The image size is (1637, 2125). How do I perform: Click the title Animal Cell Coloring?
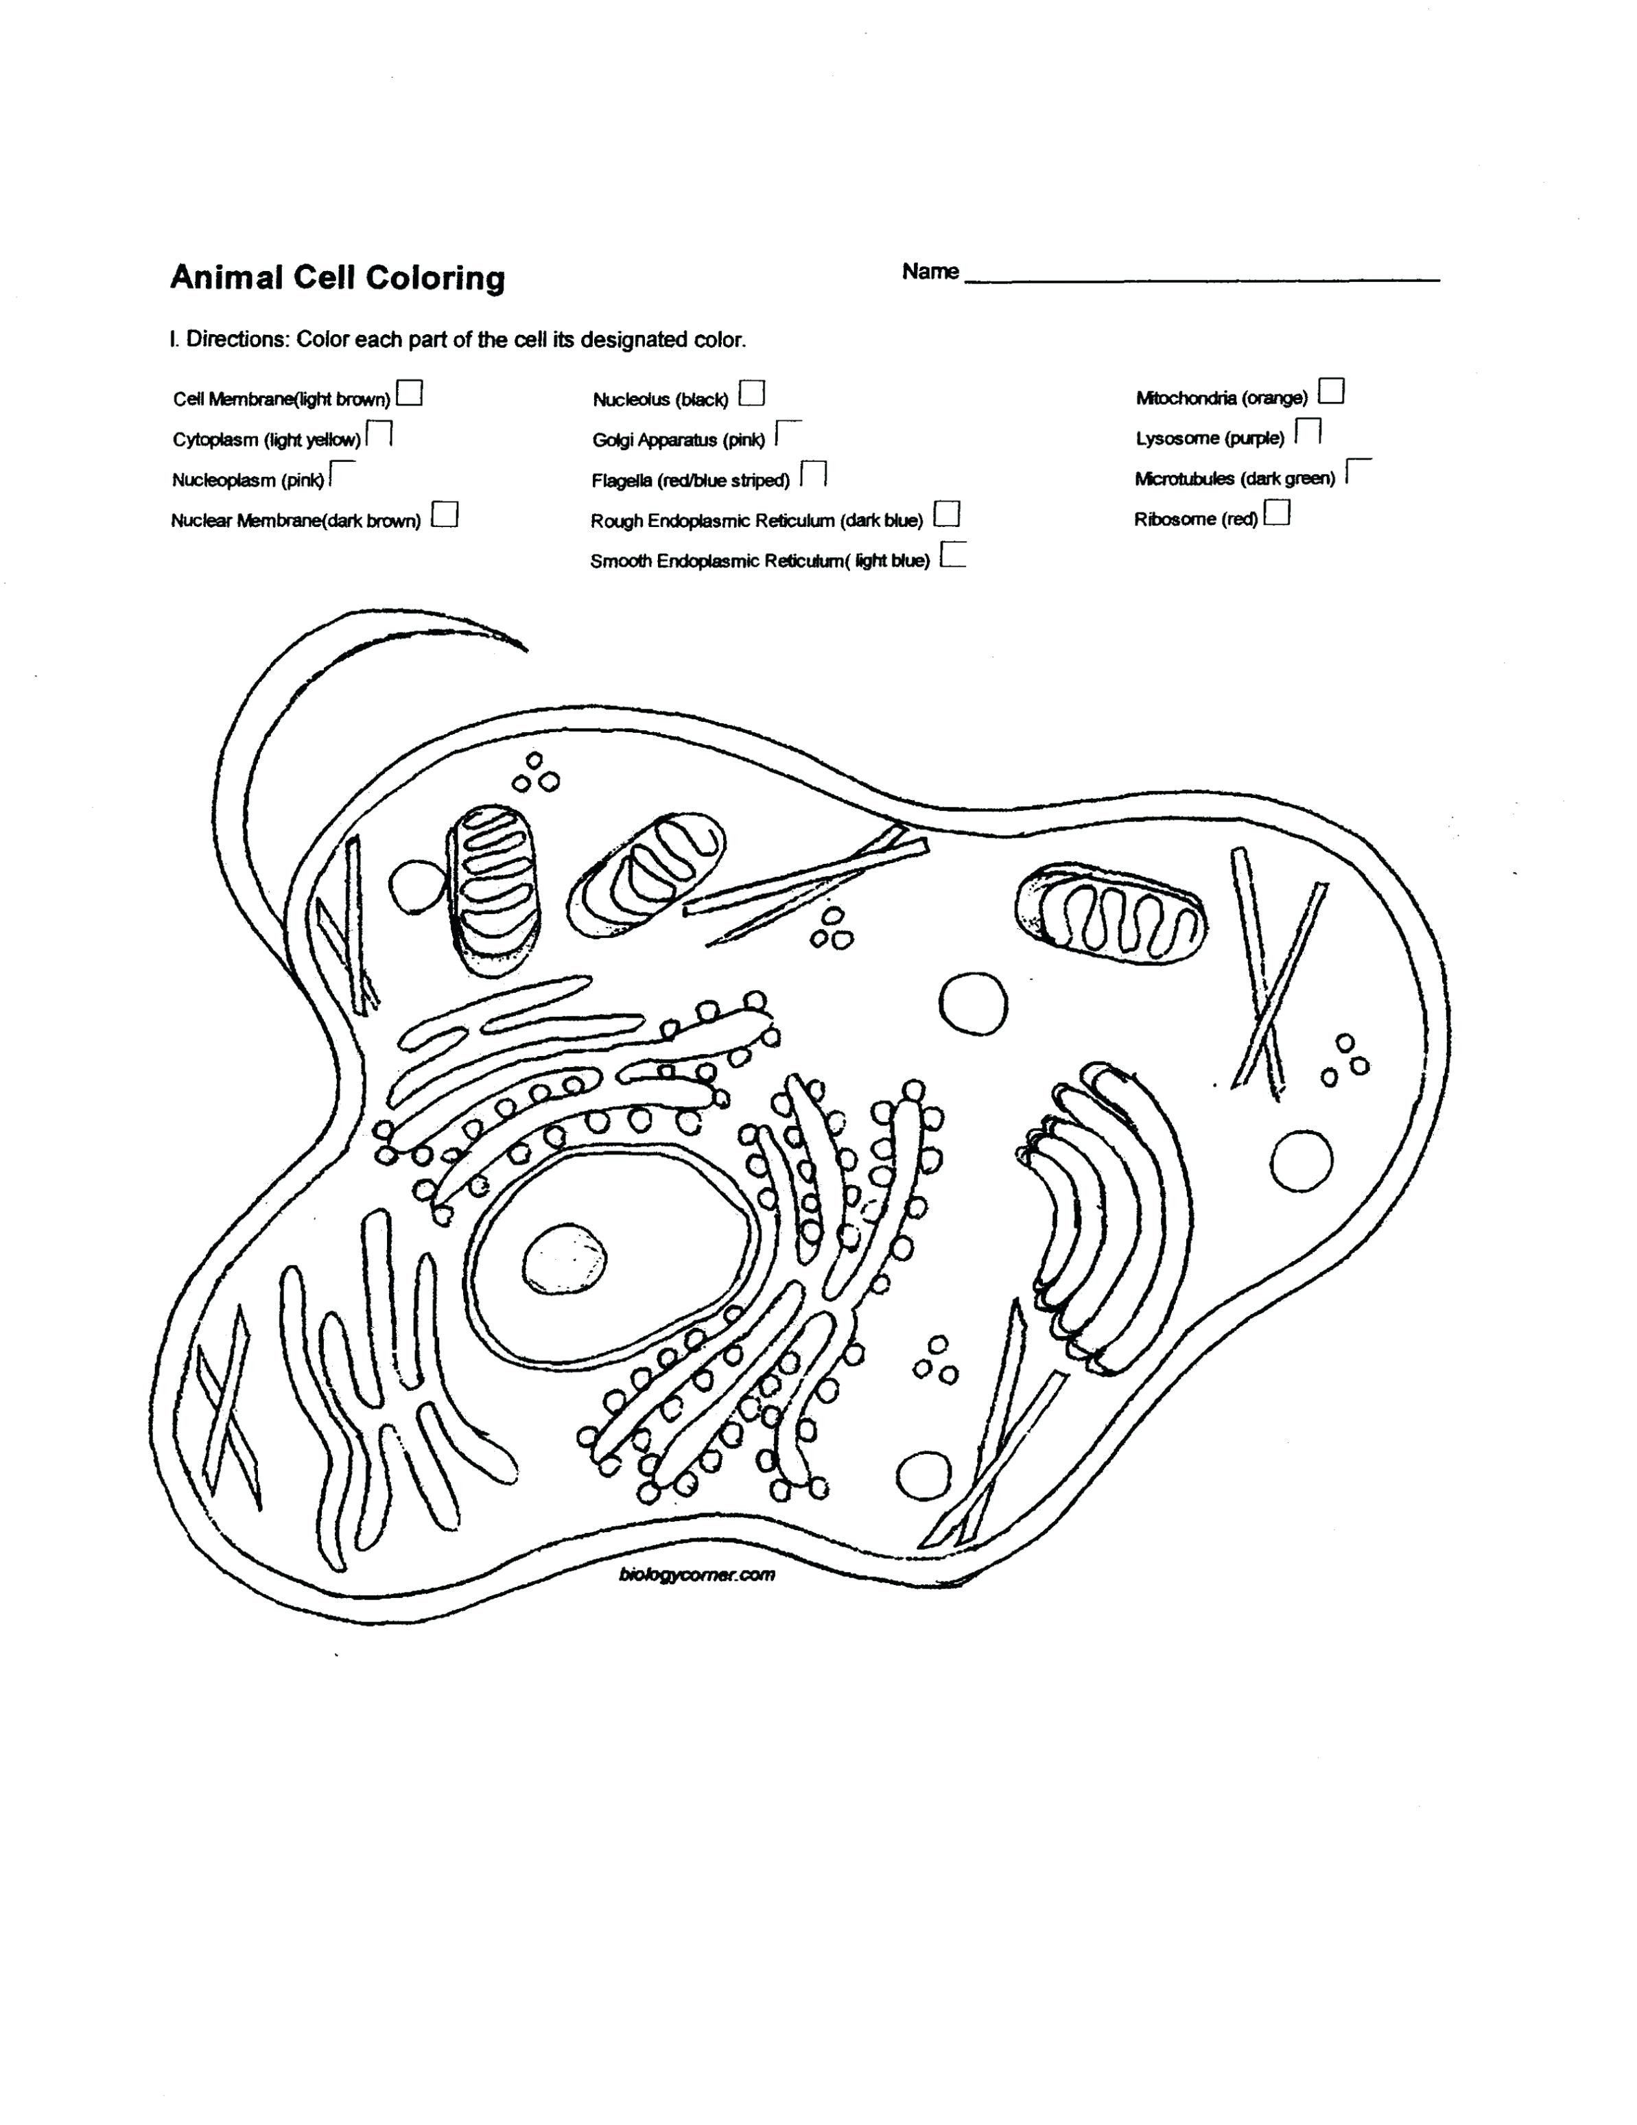[x=338, y=279]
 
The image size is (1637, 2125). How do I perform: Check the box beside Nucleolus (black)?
[x=751, y=393]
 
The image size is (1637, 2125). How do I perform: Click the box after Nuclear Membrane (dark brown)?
[x=445, y=514]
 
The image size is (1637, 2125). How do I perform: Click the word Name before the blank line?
[x=930, y=272]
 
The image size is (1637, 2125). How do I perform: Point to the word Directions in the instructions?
[x=237, y=340]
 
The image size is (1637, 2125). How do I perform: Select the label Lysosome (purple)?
[x=1209, y=438]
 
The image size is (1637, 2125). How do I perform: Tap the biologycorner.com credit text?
[x=696, y=1573]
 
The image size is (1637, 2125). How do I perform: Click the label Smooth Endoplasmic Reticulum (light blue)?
[x=759, y=561]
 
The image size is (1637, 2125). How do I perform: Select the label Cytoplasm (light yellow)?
[x=266, y=440]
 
